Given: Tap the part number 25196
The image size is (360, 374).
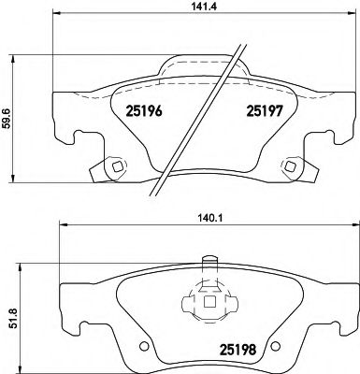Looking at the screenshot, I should coord(143,111).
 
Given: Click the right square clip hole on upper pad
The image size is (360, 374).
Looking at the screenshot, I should coord(289,168).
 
